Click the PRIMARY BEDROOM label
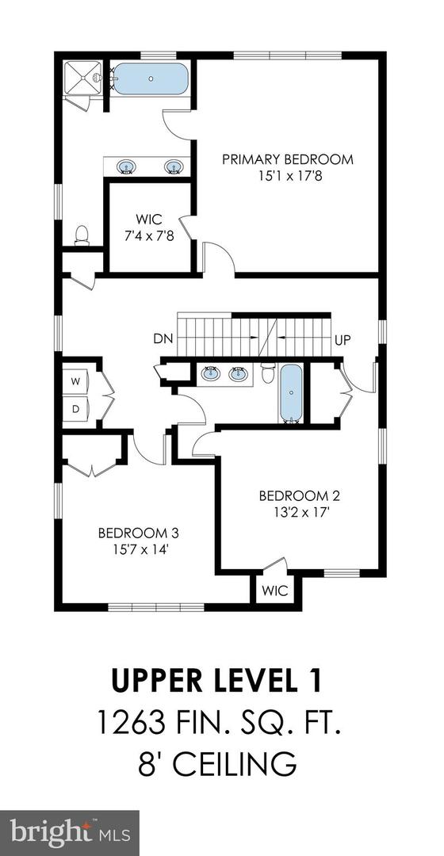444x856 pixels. coord(287,159)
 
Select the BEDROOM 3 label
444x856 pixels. coord(133,533)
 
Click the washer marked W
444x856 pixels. coord(76,381)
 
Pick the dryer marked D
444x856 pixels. coord(76,409)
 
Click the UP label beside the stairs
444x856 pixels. coord(343,341)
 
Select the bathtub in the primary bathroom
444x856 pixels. coord(150,80)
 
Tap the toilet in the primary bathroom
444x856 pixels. coord(80,235)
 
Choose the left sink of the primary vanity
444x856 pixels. coord(126,166)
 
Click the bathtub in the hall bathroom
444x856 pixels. coord(291,393)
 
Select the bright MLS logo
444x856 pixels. coord(70,832)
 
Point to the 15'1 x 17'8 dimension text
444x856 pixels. coord(287,176)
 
